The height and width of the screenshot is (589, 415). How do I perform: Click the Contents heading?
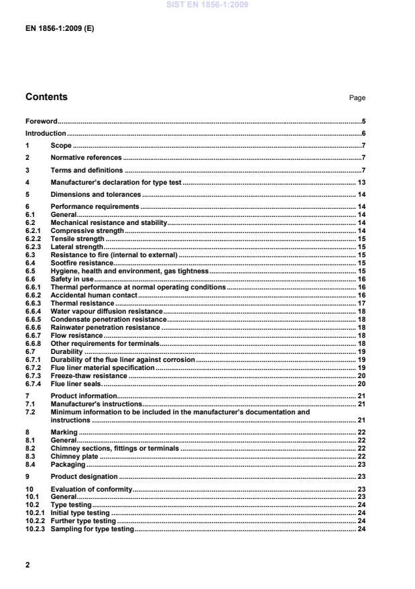(46, 97)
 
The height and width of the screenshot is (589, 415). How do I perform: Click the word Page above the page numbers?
(357, 98)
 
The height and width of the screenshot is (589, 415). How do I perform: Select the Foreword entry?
(41, 122)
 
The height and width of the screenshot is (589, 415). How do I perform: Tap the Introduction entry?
(45, 134)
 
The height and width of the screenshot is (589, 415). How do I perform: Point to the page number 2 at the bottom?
(27, 565)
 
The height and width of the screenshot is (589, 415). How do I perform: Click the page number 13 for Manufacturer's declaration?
(360, 182)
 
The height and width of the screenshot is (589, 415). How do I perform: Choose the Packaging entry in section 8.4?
(68, 464)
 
